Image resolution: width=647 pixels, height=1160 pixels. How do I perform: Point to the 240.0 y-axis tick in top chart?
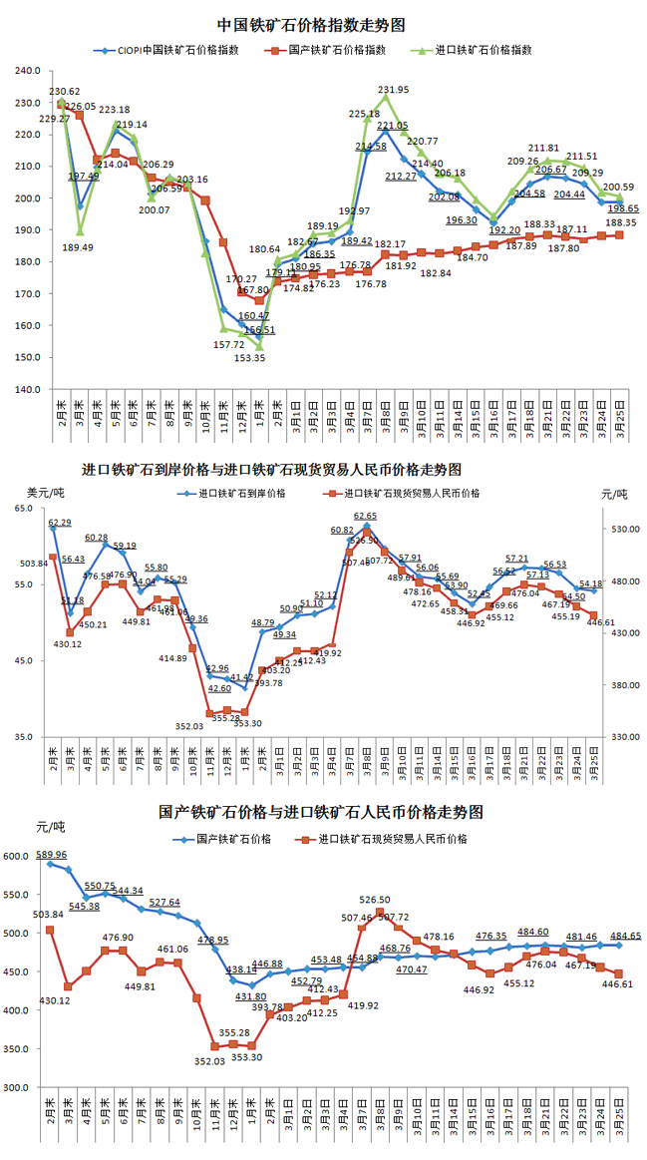(27, 71)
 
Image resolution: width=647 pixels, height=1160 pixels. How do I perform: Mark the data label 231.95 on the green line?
(394, 90)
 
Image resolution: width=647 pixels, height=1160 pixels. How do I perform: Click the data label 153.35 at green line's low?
(250, 358)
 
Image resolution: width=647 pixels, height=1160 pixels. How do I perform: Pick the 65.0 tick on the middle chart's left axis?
(24, 509)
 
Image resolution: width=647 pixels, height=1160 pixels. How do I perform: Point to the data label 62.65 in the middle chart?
(366, 516)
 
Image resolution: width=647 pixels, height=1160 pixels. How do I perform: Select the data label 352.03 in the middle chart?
(187, 726)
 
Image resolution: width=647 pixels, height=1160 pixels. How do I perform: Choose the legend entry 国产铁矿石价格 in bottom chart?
(234, 840)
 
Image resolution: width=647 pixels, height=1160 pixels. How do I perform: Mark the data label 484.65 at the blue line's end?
(625, 936)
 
